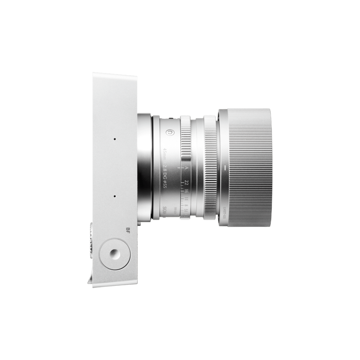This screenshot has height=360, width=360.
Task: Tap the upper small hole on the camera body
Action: tap(115, 139)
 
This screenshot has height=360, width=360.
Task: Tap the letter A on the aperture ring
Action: tap(186, 169)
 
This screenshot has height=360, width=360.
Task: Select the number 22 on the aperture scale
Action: tap(186, 183)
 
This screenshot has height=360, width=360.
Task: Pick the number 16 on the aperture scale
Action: tap(186, 192)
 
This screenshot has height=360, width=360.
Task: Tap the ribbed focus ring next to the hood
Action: tap(210, 169)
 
